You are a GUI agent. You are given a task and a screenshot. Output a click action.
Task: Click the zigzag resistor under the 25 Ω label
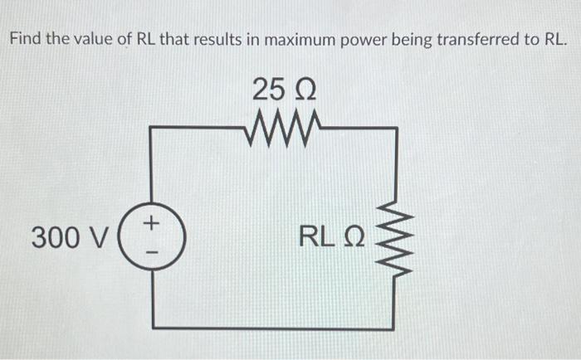click(x=278, y=128)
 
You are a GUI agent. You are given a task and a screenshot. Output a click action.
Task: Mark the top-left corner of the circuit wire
click(x=150, y=129)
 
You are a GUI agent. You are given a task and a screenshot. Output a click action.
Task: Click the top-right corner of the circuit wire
click(x=395, y=129)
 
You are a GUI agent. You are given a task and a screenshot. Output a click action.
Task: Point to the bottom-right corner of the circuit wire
click(x=395, y=327)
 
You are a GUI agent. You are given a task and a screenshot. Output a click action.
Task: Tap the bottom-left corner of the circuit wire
click(x=150, y=327)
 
